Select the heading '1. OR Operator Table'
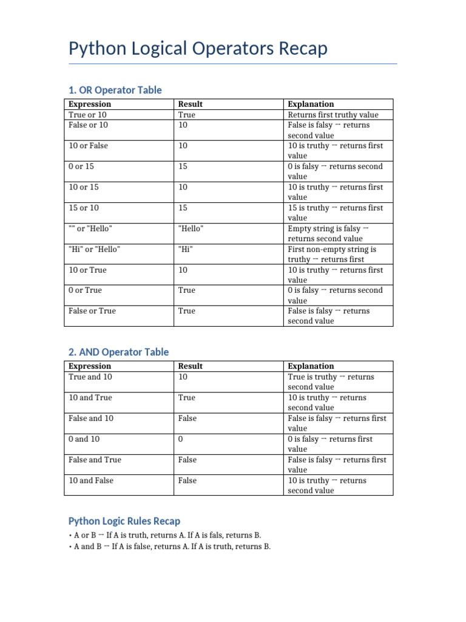(115, 90)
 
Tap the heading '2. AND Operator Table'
(119, 352)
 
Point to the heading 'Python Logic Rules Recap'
(124, 521)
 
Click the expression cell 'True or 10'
(89, 115)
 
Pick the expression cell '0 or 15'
(81, 166)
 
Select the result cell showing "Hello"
(191, 228)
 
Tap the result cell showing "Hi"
(186, 249)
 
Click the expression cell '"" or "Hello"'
(90, 228)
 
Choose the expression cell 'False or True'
(92, 311)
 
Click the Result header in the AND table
(191, 366)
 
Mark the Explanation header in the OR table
(311, 104)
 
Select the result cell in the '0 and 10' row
(181, 439)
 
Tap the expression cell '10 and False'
(91, 480)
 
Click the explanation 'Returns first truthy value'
(333, 115)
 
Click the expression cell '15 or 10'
(84, 208)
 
